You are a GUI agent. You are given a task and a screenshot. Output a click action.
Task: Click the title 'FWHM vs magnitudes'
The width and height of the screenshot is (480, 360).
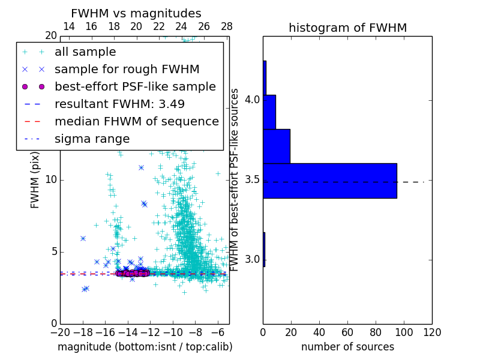point(136,13)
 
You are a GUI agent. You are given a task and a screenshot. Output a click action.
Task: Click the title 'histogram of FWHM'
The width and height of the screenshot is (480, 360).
point(347,28)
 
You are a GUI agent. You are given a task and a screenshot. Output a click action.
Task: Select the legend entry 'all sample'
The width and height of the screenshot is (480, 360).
point(85,52)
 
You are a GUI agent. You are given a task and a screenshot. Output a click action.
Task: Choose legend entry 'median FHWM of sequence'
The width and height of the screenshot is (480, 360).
point(136,122)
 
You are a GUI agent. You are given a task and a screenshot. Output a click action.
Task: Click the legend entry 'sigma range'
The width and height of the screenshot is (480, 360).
point(92,139)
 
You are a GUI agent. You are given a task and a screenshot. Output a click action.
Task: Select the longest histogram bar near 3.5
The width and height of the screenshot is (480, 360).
point(329,181)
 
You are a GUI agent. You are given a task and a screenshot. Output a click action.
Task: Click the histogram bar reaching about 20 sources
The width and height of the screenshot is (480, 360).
point(276,146)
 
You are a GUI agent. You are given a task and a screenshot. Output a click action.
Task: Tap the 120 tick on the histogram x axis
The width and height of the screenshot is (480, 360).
point(431,332)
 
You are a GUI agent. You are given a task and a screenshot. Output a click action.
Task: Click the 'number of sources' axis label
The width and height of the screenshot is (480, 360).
point(347,347)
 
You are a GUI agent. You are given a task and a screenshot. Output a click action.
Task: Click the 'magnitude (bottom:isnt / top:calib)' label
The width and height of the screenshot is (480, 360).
point(145,347)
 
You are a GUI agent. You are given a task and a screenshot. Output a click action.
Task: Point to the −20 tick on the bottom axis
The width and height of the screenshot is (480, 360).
point(60,332)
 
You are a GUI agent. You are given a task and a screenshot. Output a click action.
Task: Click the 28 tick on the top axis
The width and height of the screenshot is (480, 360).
point(227,26)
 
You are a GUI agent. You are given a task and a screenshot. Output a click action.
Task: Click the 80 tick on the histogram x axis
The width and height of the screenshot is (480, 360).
point(376,332)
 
